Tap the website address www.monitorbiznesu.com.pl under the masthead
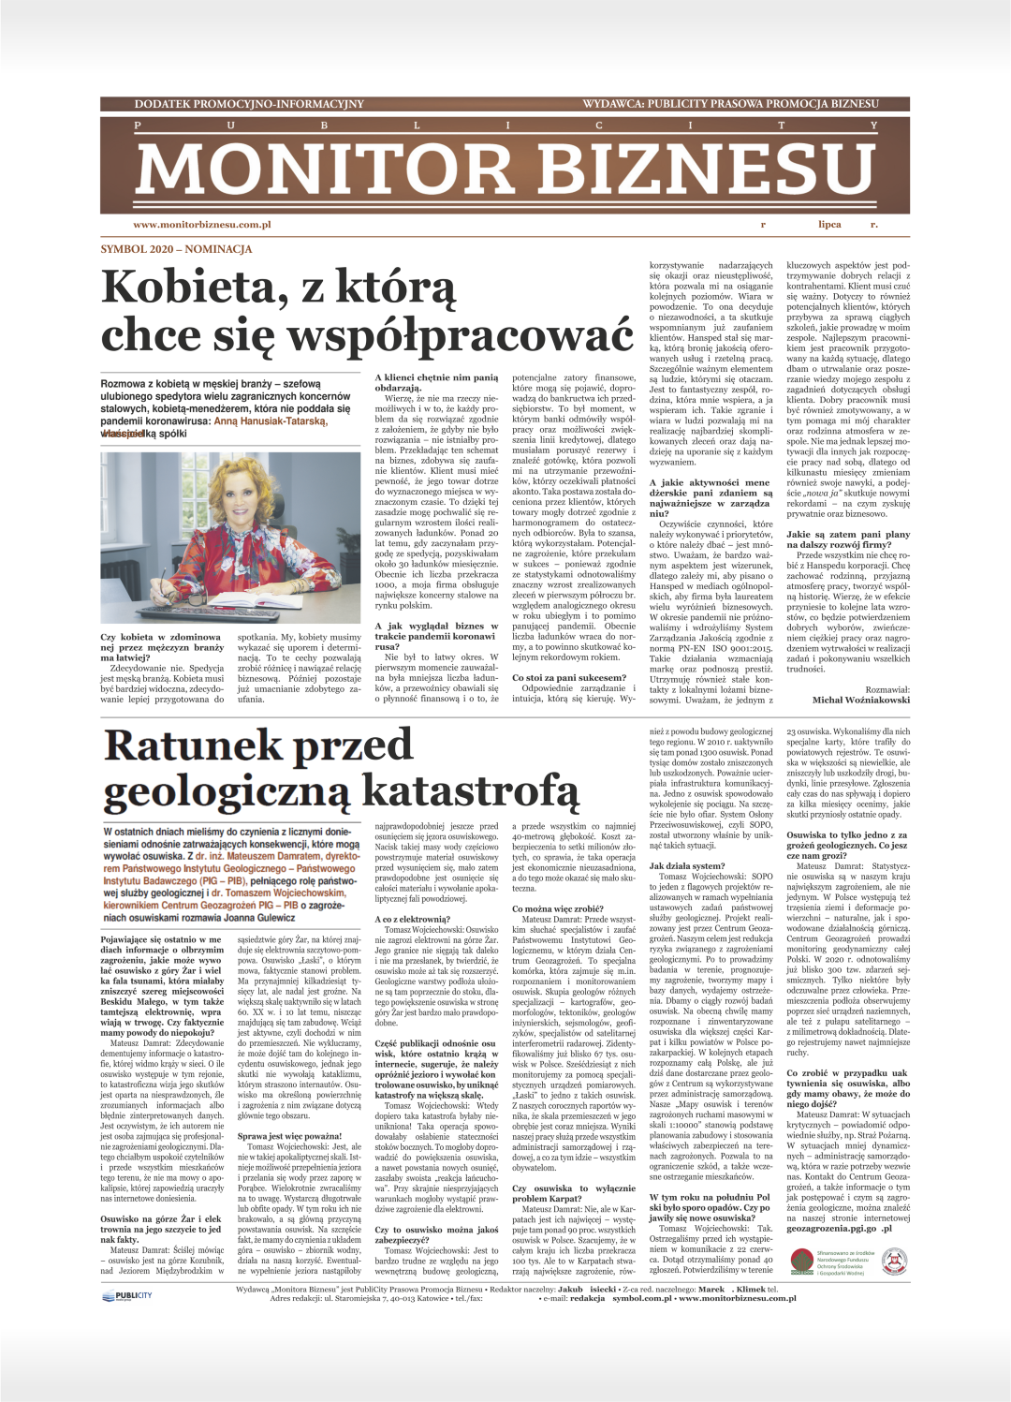point(202,225)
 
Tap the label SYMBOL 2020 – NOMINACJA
point(176,249)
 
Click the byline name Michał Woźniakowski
point(860,700)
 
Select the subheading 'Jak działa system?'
point(687,866)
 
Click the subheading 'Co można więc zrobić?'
point(557,908)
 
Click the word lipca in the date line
point(829,225)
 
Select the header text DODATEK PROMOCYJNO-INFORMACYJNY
point(249,104)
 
